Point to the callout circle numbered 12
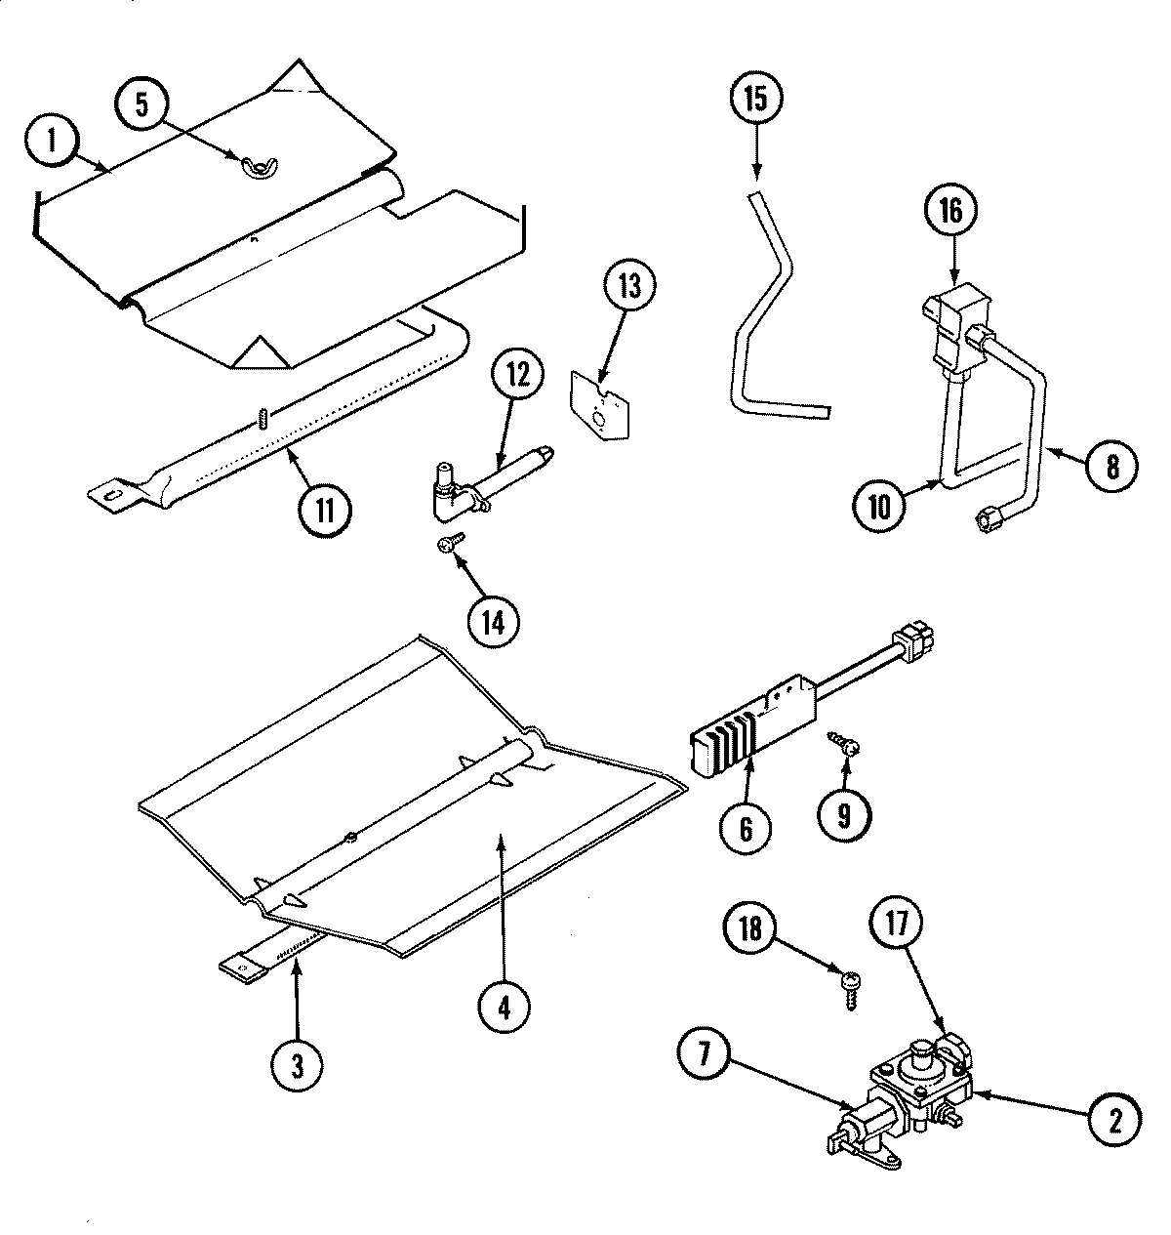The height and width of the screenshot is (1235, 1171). tap(518, 376)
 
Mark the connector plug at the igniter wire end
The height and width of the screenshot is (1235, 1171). tap(916, 641)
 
